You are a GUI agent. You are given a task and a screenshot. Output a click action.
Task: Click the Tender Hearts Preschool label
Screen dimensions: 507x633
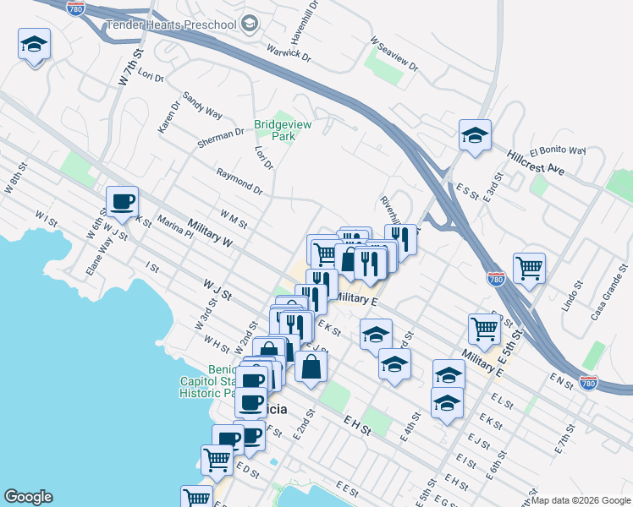(x=170, y=25)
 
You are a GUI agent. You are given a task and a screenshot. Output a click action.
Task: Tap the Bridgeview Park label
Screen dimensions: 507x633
(x=283, y=130)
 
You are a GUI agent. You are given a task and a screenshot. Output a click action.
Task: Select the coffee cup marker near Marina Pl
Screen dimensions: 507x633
(x=122, y=202)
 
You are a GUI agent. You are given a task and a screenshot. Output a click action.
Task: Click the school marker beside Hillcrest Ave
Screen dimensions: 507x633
(x=475, y=134)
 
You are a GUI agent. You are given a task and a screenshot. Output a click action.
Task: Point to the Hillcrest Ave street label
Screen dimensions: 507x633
(x=537, y=161)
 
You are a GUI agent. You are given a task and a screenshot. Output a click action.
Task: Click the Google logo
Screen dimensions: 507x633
(x=28, y=497)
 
